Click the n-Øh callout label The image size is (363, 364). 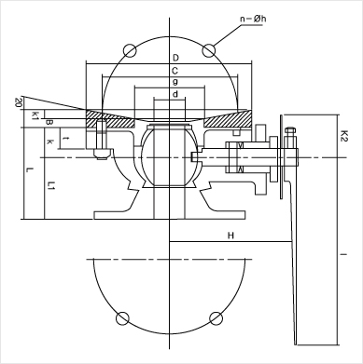click(253, 19)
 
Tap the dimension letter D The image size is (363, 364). click(175, 58)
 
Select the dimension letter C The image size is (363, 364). click(175, 71)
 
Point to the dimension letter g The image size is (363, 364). click(175, 82)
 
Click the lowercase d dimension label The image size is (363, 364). click(175, 94)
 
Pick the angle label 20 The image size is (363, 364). click(18, 102)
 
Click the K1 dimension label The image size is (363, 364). click(35, 115)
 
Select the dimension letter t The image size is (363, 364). click(65, 138)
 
